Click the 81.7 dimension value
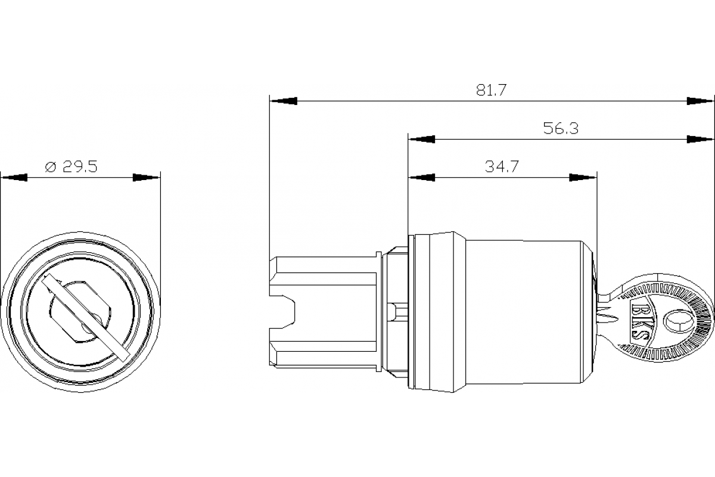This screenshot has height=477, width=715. pyautogui.click(x=491, y=91)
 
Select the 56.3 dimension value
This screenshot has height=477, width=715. pyautogui.click(x=561, y=129)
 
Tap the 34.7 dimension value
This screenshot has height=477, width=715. pyautogui.click(x=501, y=167)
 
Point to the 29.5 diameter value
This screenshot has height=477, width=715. pyautogui.click(x=80, y=167)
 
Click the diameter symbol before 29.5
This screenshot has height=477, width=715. pyautogui.click(x=51, y=168)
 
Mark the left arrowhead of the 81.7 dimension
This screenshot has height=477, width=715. pyautogui.click(x=283, y=101)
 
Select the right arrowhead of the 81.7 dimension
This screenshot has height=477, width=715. pyautogui.click(x=700, y=101)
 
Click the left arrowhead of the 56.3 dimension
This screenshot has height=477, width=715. pyautogui.click(x=421, y=140)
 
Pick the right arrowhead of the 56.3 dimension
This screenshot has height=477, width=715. pyautogui.click(x=700, y=140)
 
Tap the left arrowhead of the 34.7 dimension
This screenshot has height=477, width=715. pyautogui.click(x=421, y=178)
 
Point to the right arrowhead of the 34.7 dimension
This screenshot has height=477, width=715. pyautogui.click(x=583, y=178)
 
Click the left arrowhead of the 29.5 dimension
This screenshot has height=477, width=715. pyautogui.click(x=14, y=178)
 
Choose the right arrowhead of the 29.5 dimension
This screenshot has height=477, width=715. pyautogui.click(x=147, y=178)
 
